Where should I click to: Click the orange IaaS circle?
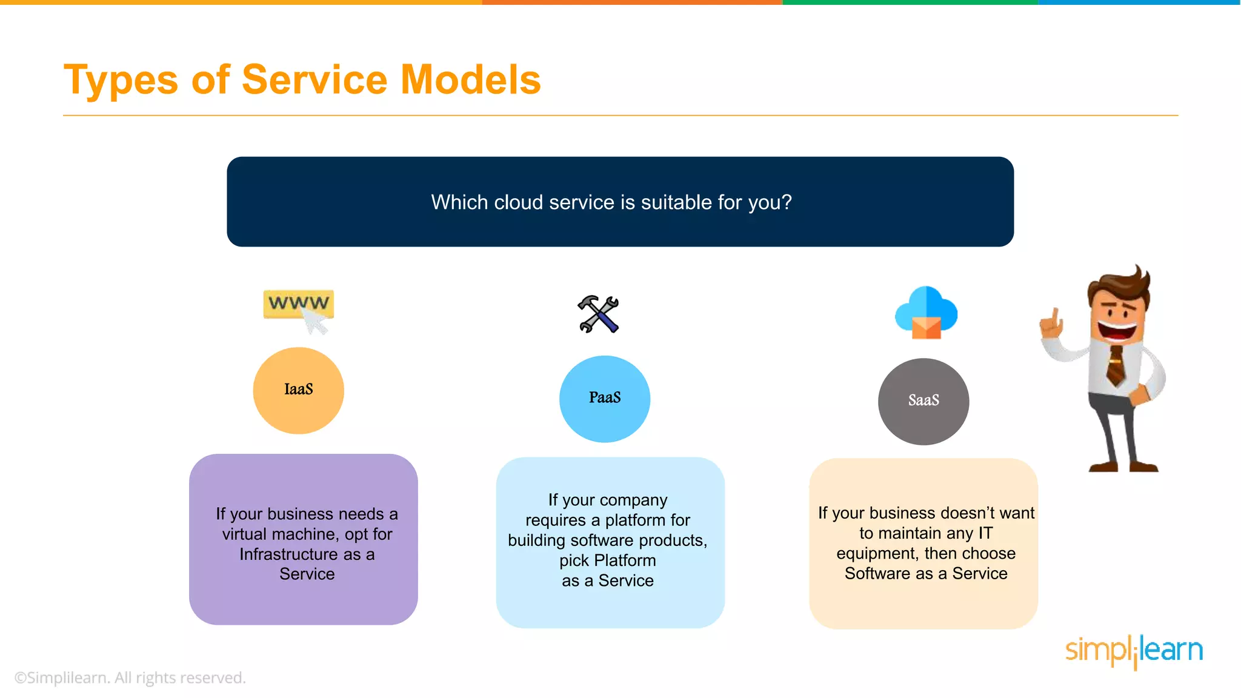(298, 390)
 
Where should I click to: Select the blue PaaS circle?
(604, 399)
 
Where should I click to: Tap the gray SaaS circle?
(923, 401)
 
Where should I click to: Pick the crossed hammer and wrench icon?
(598, 314)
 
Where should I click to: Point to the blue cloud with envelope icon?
(926, 313)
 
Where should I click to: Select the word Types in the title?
(121, 80)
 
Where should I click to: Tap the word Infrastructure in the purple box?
(288, 554)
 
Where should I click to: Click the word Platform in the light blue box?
(625, 560)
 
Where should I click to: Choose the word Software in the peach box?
(878, 573)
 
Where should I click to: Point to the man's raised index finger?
(1056, 316)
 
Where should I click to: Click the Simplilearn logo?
(1133, 651)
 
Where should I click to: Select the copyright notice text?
(130, 677)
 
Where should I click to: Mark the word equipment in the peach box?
(876, 553)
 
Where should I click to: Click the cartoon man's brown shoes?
(1124, 467)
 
